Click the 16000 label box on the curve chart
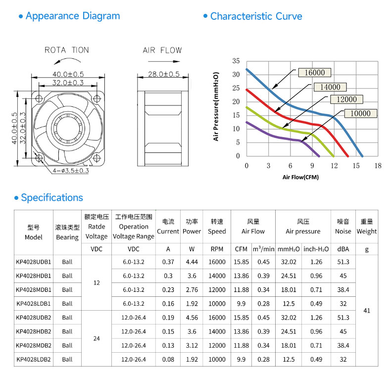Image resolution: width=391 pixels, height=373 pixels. [315, 73]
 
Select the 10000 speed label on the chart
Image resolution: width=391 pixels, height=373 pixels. [360, 113]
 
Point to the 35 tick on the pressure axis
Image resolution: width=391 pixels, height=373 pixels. [236, 61]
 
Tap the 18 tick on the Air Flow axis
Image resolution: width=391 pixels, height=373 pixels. [378, 166]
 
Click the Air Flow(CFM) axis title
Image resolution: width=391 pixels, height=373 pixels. [300, 177]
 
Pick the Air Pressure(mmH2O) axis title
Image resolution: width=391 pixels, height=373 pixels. [216, 106]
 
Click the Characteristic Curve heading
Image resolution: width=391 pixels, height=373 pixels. [256, 16]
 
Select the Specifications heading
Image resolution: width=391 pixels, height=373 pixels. [52, 197]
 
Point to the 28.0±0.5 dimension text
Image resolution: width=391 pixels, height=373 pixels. [164, 74]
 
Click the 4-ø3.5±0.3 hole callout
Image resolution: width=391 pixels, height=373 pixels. [71, 171]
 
